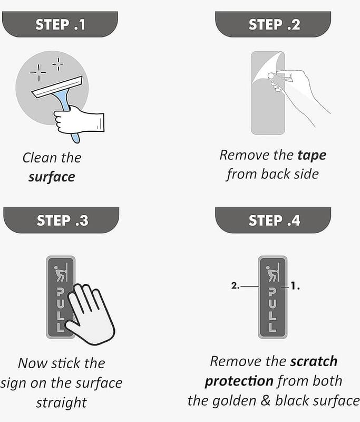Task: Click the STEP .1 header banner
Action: [x=60, y=24]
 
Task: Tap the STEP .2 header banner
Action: [x=273, y=24]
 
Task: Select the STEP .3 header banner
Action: [x=61, y=220]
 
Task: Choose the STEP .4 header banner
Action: [x=273, y=220]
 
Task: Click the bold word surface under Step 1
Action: [x=52, y=177]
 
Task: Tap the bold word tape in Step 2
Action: [x=312, y=156]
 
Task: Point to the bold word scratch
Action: [x=314, y=361]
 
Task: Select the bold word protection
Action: [x=239, y=381]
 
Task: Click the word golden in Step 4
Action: [x=234, y=401]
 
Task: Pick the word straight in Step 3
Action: [x=61, y=403]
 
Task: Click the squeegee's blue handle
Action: [x=66, y=108]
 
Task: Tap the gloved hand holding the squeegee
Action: [x=78, y=120]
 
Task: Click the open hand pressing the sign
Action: [x=90, y=315]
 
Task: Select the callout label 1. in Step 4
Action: [x=295, y=286]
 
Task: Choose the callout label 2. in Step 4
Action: [x=235, y=286]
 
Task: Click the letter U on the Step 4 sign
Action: [x=273, y=304]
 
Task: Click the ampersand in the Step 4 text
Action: [x=265, y=400]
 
